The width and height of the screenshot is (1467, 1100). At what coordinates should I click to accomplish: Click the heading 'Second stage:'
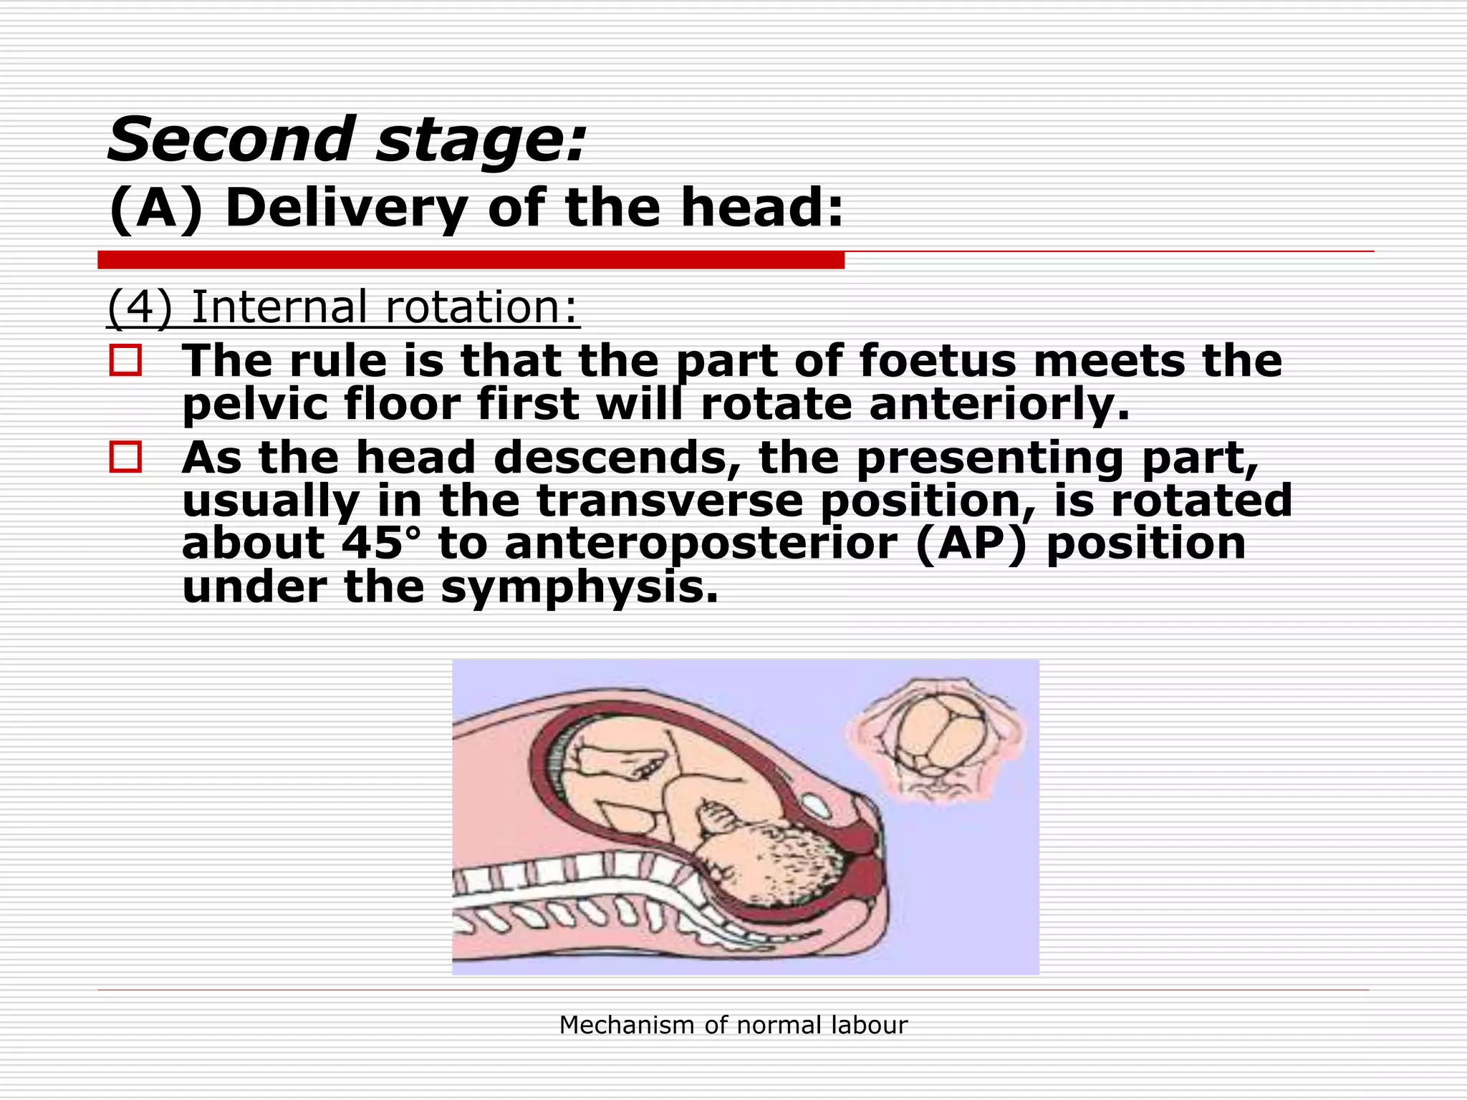point(347,139)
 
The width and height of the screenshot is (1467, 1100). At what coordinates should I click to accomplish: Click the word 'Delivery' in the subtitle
point(346,208)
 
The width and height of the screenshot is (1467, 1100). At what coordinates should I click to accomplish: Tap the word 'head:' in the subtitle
point(761,208)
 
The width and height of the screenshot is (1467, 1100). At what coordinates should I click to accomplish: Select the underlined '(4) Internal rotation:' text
point(342,307)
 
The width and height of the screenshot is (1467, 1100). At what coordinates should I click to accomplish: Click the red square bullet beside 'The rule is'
point(125,360)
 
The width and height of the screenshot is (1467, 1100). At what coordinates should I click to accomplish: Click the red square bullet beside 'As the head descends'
point(125,457)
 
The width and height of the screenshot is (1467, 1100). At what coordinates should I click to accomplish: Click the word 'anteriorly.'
point(999,404)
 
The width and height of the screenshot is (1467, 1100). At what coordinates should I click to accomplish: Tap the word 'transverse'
point(670,501)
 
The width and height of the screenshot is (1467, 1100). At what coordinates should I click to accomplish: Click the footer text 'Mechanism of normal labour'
point(733,1025)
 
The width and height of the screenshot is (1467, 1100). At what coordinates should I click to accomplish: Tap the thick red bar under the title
point(471,260)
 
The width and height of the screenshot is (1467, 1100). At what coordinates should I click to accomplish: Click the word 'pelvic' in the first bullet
point(254,404)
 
